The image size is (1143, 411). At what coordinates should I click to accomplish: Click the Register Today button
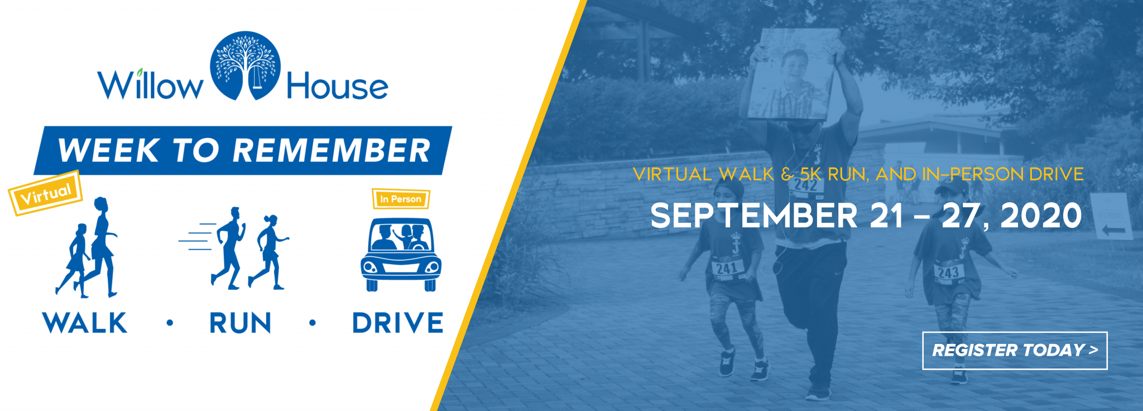click(x=1015, y=351)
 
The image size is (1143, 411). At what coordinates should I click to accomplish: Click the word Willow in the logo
click(x=150, y=85)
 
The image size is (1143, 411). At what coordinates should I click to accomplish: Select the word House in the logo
click(x=337, y=86)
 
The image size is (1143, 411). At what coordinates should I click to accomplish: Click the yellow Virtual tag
click(x=45, y=193)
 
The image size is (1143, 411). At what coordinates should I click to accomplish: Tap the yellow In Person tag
click(x=401, y=199)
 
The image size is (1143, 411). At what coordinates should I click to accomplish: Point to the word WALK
click(x=85, y=323)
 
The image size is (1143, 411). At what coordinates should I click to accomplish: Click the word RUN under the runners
click(x=241, y=323)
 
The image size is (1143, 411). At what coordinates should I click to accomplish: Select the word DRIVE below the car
click(x=398, y=323)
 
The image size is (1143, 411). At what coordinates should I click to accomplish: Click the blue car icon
click(x=401, y=254)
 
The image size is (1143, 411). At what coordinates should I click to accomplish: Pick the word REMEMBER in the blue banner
click(x=332, y=150)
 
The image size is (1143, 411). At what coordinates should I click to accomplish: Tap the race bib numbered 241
click(x=728, y=269)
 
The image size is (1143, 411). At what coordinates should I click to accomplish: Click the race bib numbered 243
click(x=948, y=273)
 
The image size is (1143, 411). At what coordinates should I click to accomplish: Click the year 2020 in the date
click(x=1041, y=216)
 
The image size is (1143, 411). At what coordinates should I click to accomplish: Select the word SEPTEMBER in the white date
click(x=754, y=216)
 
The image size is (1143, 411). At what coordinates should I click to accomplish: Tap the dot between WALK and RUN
click(x=170, y=323)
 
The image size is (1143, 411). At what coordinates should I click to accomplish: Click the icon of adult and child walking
click(x=87, y=247)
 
